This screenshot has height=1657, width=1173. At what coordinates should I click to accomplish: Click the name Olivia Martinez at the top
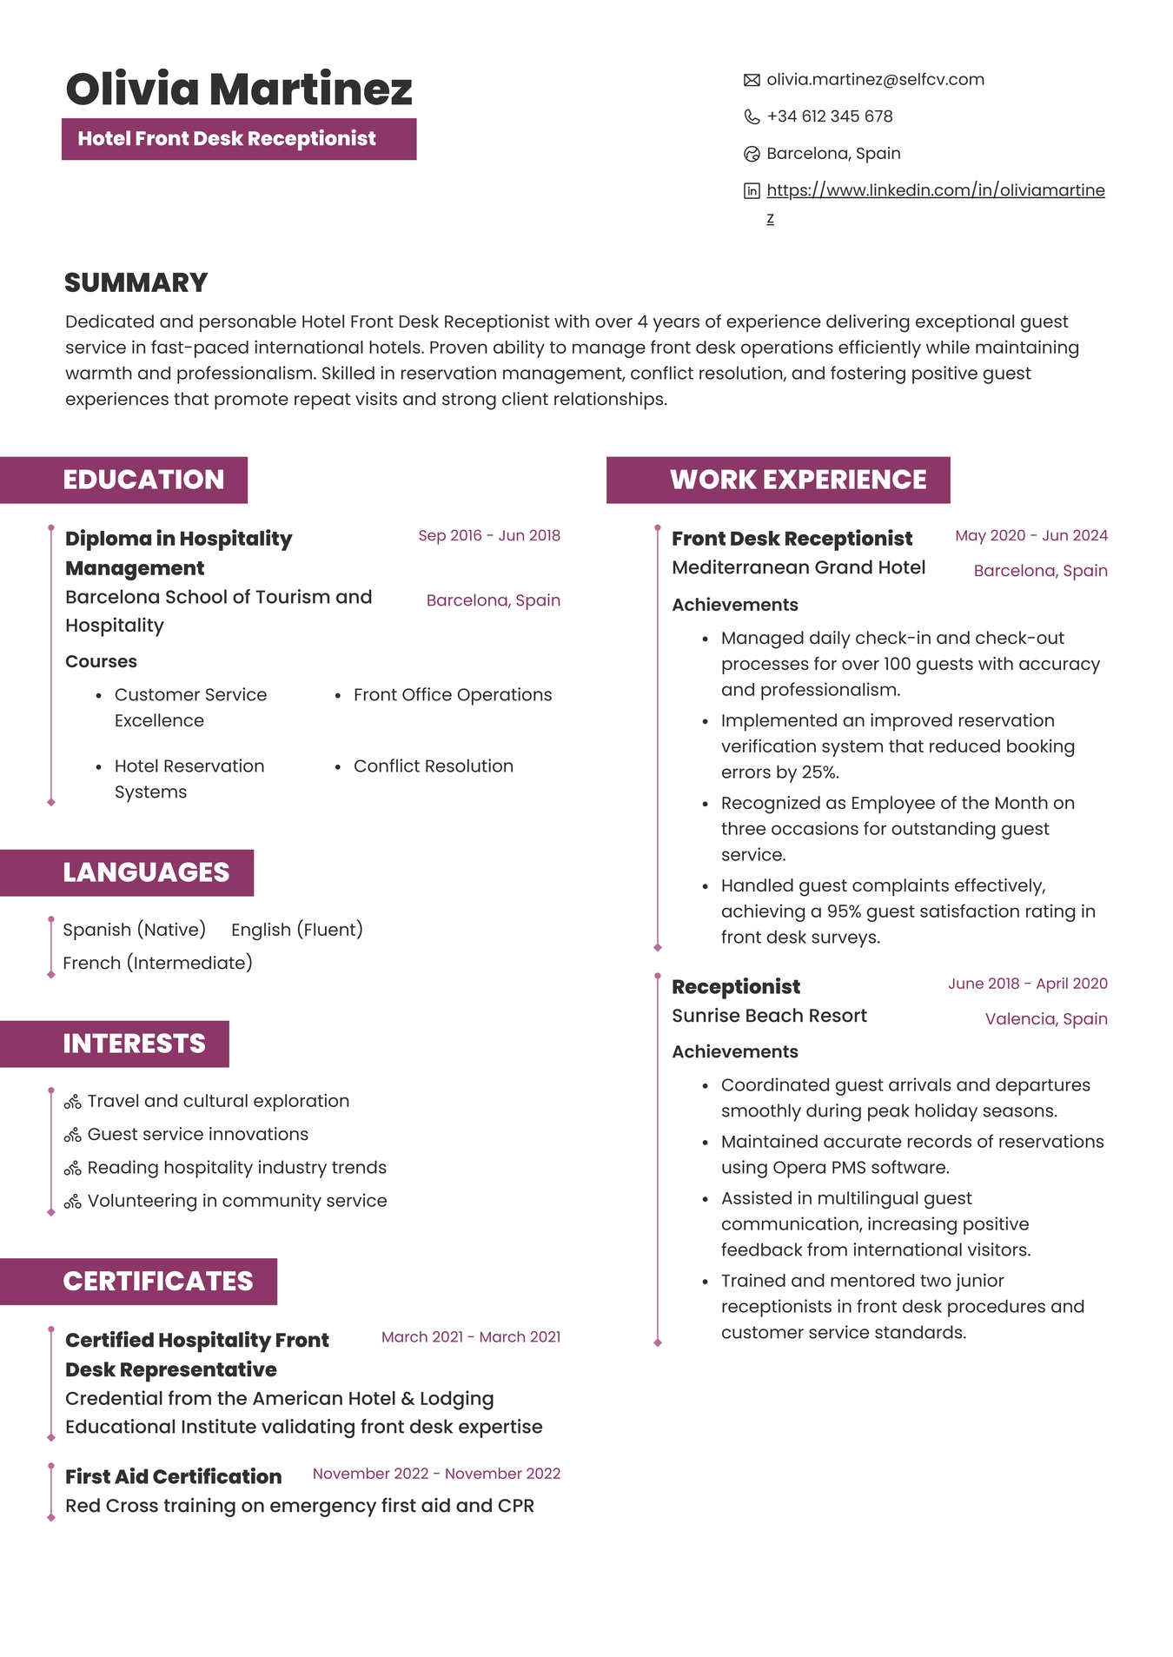coord(239,89)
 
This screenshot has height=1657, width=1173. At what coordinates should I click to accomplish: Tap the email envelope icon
coord(752,81)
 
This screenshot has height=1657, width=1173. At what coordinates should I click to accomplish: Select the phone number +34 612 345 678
coord(829,116)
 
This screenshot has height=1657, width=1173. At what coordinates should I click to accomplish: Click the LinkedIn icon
coord(752,191)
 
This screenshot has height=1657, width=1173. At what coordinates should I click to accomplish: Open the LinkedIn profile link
coord(935,190)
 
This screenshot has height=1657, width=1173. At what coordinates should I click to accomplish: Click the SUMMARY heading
coord(136,282)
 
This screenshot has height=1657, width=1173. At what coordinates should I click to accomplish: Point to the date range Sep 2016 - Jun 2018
coord(489,535)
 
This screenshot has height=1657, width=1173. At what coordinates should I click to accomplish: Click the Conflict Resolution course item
coord(433,766)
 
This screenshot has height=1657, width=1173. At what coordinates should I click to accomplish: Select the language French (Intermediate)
coord(157,963)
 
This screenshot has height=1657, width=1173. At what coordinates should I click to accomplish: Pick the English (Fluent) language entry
coord(296,930)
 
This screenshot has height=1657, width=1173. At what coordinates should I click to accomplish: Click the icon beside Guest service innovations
coord(73,1136)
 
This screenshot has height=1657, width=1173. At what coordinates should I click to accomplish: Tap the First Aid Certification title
coord(173,1476)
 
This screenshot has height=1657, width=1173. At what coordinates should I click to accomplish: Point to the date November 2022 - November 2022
coord(436,1474)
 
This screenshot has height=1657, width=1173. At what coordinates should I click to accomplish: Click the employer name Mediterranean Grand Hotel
coord(798,567)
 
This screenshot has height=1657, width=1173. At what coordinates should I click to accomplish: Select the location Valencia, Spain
coord(1045,1018)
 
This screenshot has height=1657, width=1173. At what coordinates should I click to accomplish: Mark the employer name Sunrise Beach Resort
coord(769,1016)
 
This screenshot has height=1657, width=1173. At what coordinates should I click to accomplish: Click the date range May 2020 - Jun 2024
coord(1031,535)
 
